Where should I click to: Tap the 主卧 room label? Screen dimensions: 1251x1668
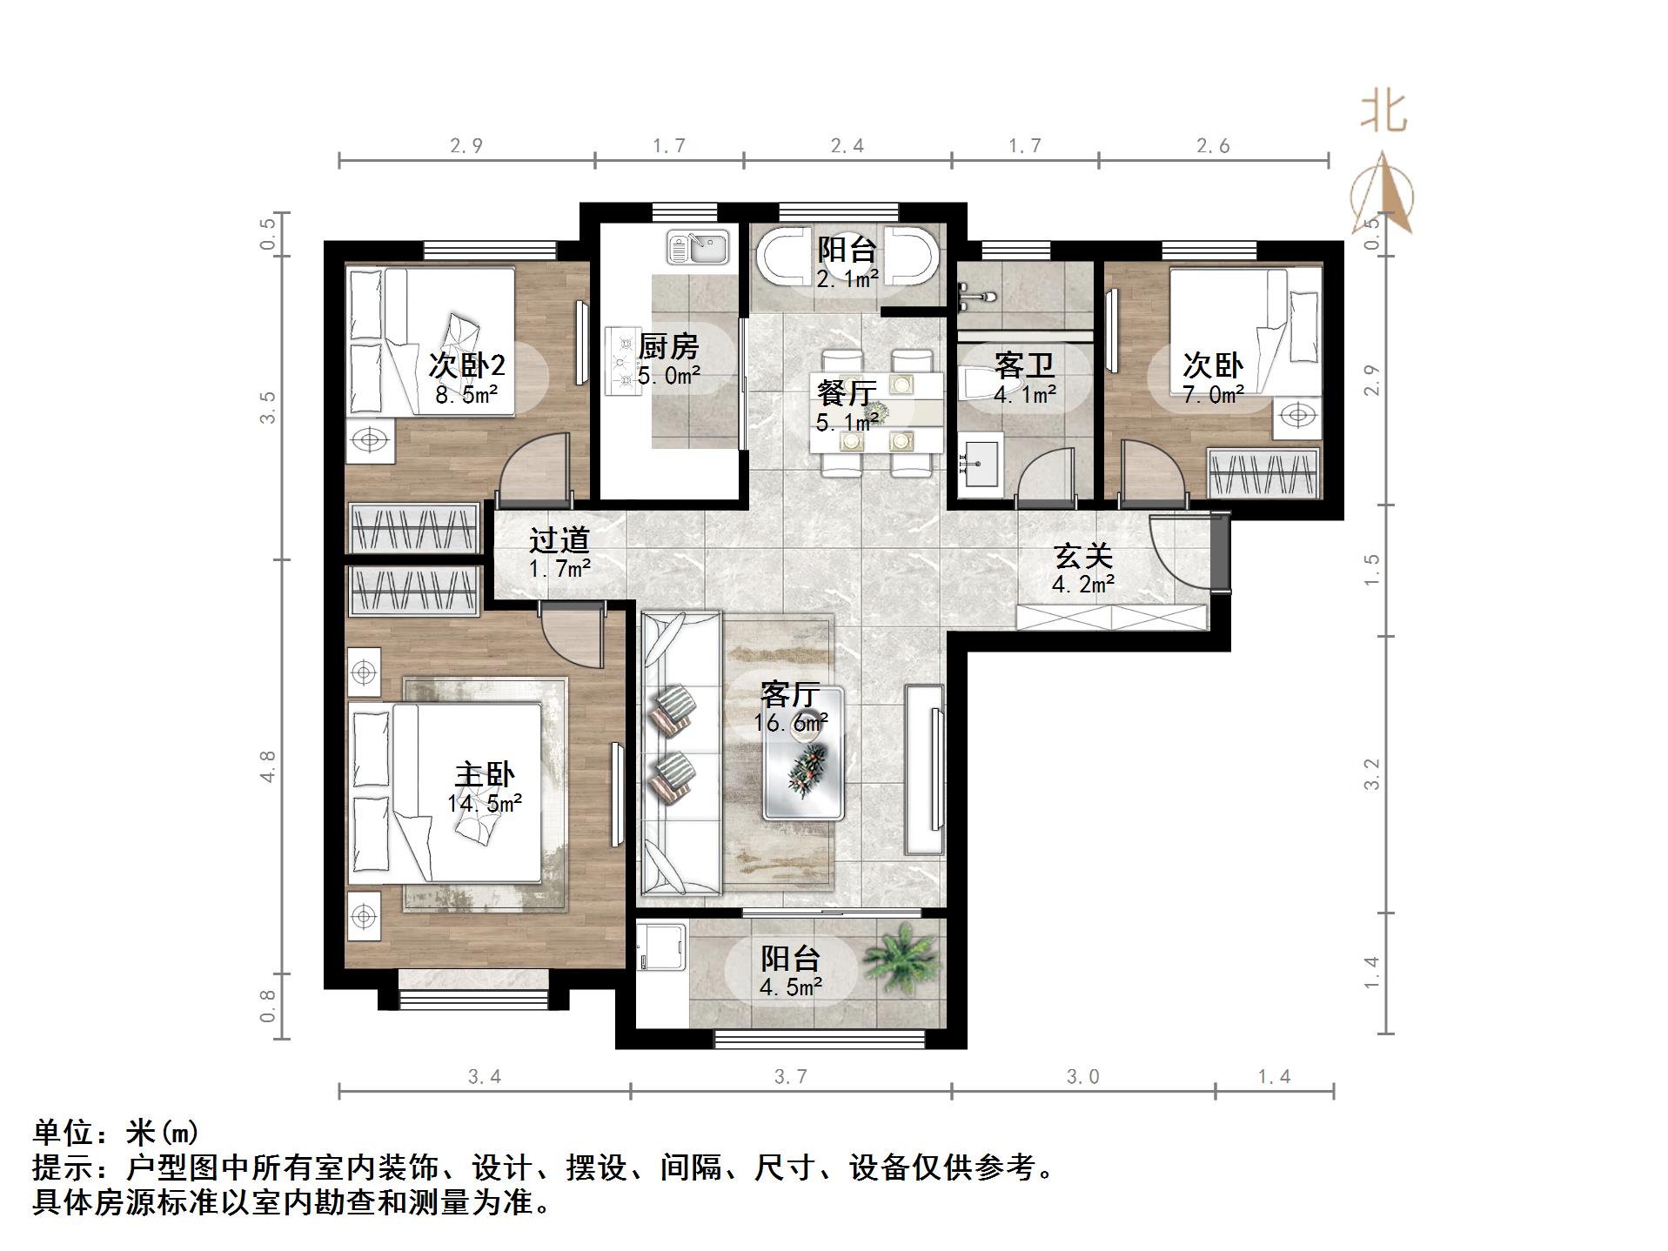pyautogui.click(x=485, y=774)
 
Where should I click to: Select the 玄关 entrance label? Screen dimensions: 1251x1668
pyautogui.click(x=1082, y=556)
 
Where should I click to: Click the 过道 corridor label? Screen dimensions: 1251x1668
pyautogui.click(x=559, y=540)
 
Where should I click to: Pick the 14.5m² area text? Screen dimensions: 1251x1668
pyautogui.click(x=485, y=804)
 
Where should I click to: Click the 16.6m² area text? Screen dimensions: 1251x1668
pyautogui.click(x=790, y=723)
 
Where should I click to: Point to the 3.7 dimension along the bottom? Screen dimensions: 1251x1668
pyautogui.click(x=790, y=1077)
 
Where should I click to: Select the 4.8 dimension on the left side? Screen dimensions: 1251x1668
pyautogui.click(x=267, y=766)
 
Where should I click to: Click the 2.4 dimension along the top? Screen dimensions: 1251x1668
pyautogui.click(x=847, y=146)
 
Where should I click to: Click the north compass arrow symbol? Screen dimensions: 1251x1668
pyautogui.click(x=1382, y=196)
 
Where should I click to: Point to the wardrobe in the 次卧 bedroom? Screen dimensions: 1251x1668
pyautogui.click(x=1264, y=474)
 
